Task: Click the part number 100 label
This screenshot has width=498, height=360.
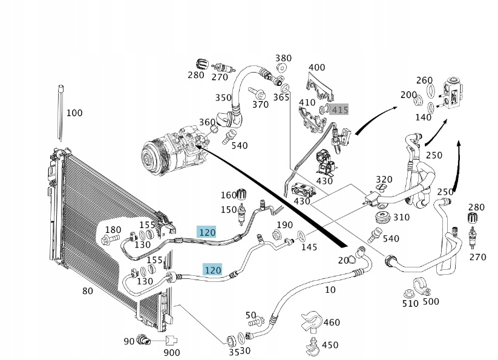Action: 74,113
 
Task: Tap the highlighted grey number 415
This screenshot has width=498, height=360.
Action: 340,110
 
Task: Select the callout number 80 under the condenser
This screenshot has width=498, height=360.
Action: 88,291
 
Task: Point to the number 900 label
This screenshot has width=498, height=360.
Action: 172,353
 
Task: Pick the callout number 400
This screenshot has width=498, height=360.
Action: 316,67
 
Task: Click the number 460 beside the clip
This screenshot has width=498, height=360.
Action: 332,322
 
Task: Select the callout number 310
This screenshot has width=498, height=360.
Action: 401,217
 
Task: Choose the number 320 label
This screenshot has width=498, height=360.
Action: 384,180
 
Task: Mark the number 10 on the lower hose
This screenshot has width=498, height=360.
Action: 330,290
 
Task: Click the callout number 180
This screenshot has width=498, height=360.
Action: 113,230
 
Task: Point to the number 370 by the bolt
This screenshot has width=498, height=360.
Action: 260,105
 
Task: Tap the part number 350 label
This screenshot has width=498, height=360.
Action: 223,97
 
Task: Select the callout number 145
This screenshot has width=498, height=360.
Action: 309,247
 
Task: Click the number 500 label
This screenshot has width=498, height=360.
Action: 431,301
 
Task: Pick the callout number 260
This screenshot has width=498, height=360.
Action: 425,80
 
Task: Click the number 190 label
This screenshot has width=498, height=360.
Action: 284,226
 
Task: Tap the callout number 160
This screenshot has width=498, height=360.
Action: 229,195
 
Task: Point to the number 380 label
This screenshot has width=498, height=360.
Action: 284,58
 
